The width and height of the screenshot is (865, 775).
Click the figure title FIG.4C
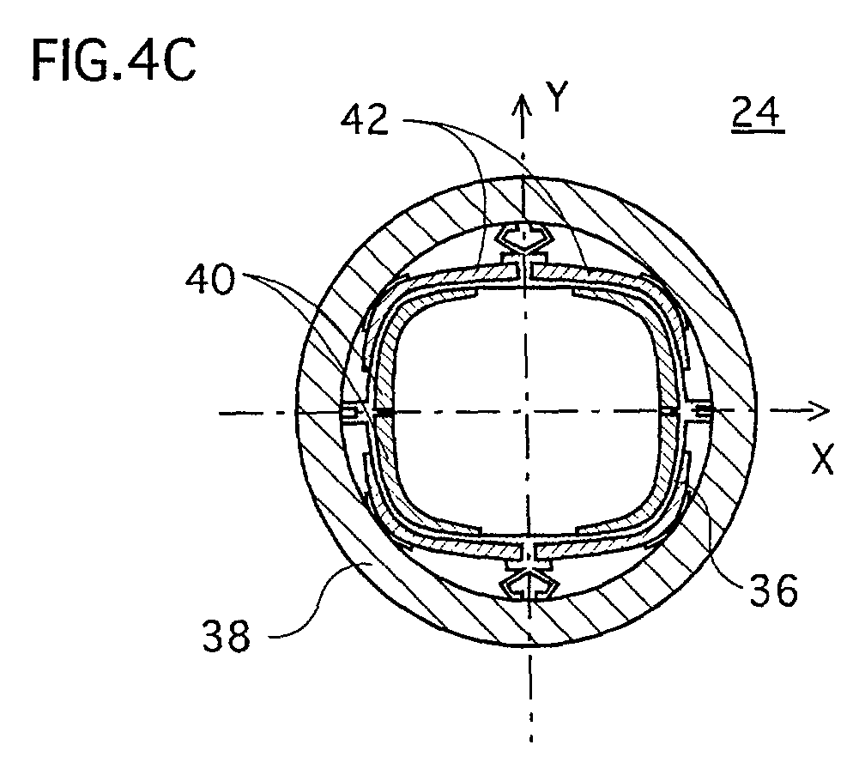click(x=114, y=61)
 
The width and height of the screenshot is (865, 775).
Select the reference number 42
click(x=365, y=120)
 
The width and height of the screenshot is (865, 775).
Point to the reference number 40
click(x=210, y=280)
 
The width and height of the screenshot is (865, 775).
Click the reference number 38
click(x=227, y=635)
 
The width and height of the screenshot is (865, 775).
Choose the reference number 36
click(x=773, y=590)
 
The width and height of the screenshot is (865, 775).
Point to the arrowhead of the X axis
click(x=819, y=411)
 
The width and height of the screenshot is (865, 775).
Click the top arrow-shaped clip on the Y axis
click(x=523, y=237)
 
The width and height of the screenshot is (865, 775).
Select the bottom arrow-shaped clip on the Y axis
click(x=529, y=585)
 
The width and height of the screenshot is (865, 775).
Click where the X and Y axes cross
click(x=526, y=411)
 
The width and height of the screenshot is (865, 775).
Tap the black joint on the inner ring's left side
click(x=384, y=412)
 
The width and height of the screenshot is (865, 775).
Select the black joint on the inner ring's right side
click(x=668, y=411)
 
